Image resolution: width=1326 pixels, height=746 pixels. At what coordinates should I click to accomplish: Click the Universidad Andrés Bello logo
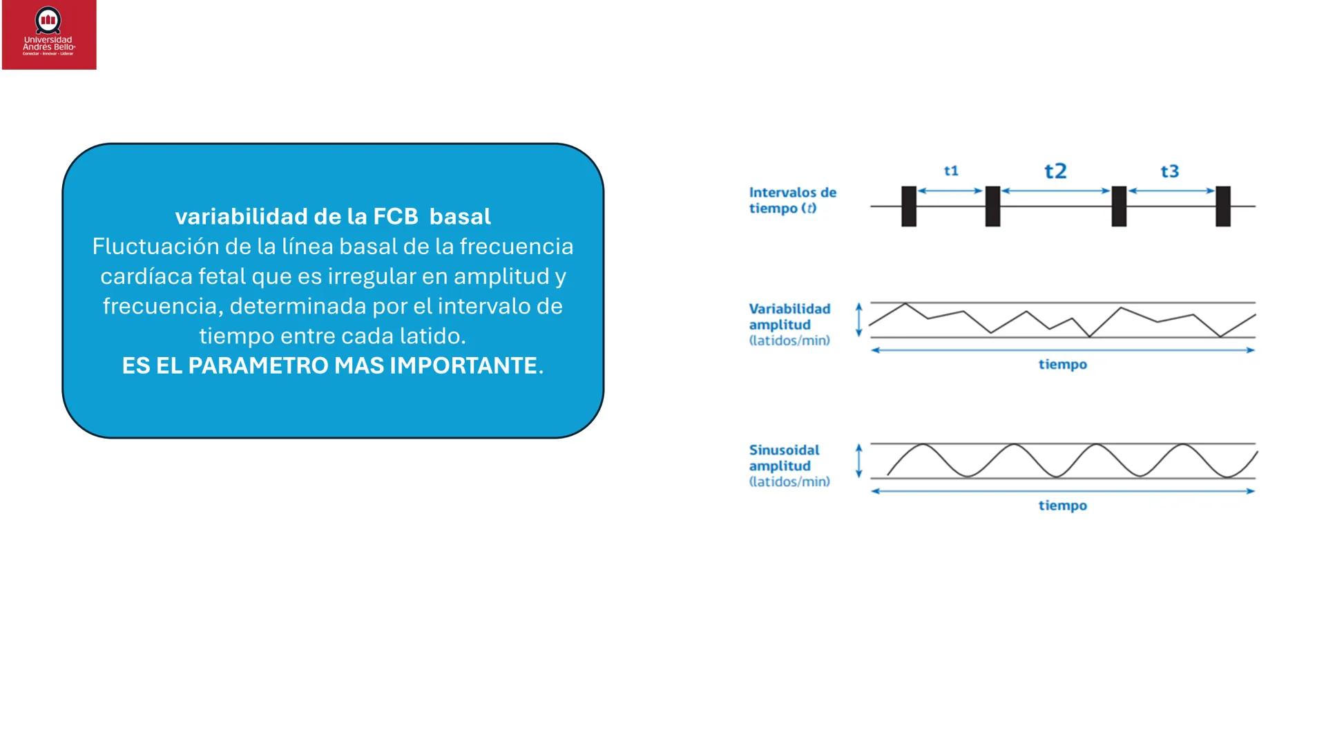tap(49, 35)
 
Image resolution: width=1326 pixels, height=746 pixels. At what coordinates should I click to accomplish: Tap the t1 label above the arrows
tap(951, 171)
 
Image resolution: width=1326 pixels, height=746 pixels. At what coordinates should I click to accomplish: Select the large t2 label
tap(1055, 171)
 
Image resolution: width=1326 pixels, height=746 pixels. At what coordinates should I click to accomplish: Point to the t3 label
tap(1169, 171)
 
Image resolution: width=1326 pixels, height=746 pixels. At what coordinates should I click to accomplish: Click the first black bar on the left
tap(909, 207)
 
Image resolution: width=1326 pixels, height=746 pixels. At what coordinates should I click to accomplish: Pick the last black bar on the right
tap(1223, 207)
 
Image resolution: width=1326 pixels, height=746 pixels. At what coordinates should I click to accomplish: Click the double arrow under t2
tap(1055, 191)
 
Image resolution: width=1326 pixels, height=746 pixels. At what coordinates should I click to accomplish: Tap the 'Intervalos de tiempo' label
tap(793, 200)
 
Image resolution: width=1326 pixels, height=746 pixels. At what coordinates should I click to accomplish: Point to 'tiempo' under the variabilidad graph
tap(1063, 365)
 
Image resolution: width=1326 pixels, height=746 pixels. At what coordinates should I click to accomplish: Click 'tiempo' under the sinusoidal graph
tap(1063, 506)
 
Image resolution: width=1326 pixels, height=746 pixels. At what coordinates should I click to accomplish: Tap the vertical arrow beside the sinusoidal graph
tap(859, 461)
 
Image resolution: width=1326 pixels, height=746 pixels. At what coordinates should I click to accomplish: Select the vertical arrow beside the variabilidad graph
tap(859, 320)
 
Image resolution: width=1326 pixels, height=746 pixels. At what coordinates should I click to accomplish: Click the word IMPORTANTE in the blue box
tap(463, 365)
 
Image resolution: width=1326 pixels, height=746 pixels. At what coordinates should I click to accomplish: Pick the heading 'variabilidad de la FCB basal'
tap(333, 216)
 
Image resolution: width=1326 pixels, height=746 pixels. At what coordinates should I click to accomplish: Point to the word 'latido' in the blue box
tap(429, 336)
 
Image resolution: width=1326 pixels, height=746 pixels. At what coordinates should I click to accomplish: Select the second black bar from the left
tap(992, 207)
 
